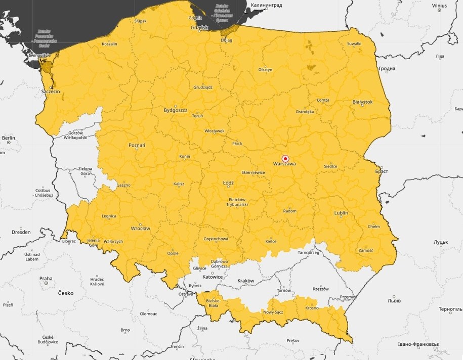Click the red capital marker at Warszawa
pos(285,158)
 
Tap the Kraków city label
pos(245,281)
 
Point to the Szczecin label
pos(51,92)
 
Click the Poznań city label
pos(137,146)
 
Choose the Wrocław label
pos(140,228)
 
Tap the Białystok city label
pos(362,102)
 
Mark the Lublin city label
pos(341,213)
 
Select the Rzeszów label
pos(320,289)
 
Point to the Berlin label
pos(9,138)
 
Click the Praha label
pos(46,278)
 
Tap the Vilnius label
pos(439,6)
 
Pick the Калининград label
pos(266,5)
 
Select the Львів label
pos(394,300)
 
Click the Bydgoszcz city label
pos(176,110)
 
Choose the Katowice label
pos(212,277)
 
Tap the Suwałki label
pos(354,43)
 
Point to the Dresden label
pos(21,232)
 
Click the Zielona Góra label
pos(86,171)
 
